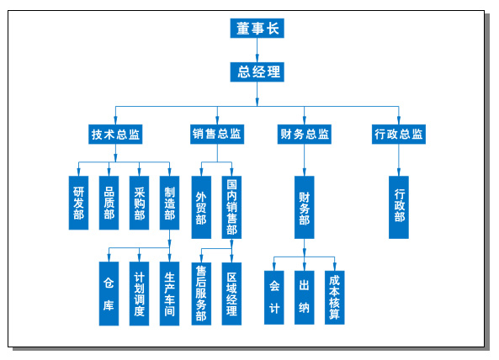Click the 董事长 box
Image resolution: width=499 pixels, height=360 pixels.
coord(257,29)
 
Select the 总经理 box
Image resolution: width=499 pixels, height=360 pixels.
coord(257,71)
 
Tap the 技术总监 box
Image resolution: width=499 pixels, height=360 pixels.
coord(115,135)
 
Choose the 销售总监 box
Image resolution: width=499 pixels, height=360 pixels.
coord(217,135)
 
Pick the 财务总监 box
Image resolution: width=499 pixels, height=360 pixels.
coord(305,135)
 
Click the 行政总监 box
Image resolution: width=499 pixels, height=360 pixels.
coord(399,135)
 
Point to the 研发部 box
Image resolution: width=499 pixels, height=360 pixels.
coord(78,203)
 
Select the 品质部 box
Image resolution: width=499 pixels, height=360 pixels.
coord(109,203)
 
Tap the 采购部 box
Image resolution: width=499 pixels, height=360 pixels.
coord(139,203)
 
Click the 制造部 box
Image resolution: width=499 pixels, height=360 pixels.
coord(169,203)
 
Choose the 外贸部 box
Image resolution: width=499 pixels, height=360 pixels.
coord(201,208)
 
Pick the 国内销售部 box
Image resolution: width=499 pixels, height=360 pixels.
coord(231,208)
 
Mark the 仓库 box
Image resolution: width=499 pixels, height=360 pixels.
coord(109,294)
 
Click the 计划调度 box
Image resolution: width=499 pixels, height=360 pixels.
coord(139,294)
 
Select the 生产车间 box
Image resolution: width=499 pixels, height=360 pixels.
coord(169,294)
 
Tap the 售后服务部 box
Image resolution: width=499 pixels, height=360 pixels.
coord(201,294)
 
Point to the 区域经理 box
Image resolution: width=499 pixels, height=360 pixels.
coord(231,294)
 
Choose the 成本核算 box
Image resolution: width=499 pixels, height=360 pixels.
coord(334,298)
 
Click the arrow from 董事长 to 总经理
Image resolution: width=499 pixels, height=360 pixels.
coord(257,50)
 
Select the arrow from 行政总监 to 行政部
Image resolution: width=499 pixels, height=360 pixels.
coord(399,160)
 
